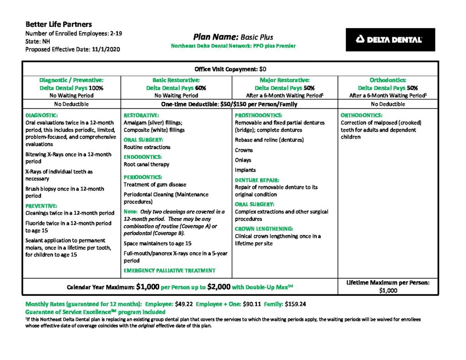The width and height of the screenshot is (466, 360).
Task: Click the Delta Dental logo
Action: pyautogui.click(x=390, y=40)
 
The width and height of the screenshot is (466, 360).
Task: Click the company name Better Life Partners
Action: pyautogui.click(x=58, y=24)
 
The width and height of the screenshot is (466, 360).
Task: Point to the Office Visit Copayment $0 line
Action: pyautogui.click(x=230, y=69)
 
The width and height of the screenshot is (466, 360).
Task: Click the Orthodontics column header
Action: pyautogui.click(x=388, y=80)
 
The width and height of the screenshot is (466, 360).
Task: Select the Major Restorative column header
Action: pyautogui.click(x=284, y=80)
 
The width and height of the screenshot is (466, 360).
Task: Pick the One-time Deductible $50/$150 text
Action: pyautogui.click(x=229, y=104)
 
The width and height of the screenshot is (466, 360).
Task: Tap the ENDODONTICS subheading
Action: pyautogui.click(x=141, y=157)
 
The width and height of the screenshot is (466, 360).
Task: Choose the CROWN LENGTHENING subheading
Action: pyautogui.click(x=264, y=228)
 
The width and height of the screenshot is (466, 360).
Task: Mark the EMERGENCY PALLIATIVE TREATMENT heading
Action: pyautogui.click(x=169, y=270)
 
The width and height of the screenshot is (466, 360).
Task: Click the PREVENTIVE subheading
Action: pyautogui.click(x=41, y=205)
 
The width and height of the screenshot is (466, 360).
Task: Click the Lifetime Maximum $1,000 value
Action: pyautogui.click(x=388, y=290)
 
